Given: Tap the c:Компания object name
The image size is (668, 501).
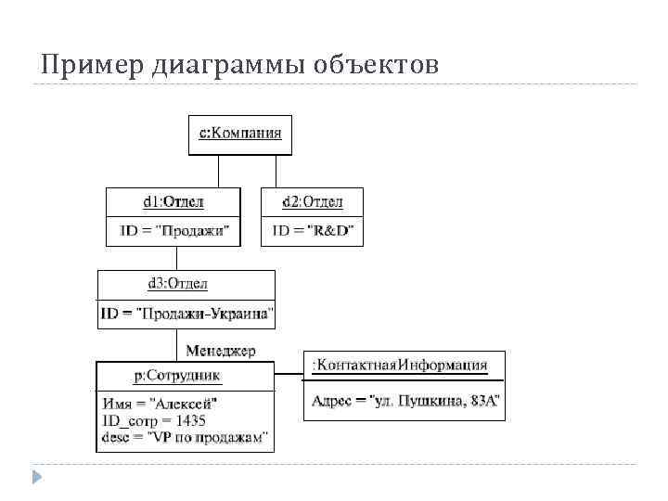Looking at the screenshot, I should (x=240, y=133).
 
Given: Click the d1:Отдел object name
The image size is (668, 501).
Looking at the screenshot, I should (x=173, y=201).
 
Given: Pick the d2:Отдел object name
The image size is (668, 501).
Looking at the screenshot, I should (x=312, y=201).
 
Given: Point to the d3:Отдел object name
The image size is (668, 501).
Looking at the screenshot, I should (x=177, y=283).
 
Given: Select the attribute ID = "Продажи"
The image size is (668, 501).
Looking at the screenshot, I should (x=173, y=229).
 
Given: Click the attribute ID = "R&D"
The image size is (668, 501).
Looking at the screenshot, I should (x=313, y=229).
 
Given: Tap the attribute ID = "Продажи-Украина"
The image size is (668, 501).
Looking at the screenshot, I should (x=187, y=314).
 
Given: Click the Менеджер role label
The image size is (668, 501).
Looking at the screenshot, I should (x=221, y=351).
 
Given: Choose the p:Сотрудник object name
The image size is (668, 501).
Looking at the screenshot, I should (x=177, y=376).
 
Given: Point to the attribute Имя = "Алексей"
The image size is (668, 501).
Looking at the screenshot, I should (x=161, y=404).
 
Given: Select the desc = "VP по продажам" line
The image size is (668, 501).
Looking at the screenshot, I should (x=186, y=435).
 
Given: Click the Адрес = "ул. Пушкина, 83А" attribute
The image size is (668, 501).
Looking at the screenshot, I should (x=405, y=400).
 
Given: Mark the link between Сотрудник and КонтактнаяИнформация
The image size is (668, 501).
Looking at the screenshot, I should (x=289, y=375).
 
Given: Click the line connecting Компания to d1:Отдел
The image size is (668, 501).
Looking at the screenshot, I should (x=218, y=171).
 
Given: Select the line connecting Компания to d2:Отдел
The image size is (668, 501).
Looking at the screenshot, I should (x=275, y=171).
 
